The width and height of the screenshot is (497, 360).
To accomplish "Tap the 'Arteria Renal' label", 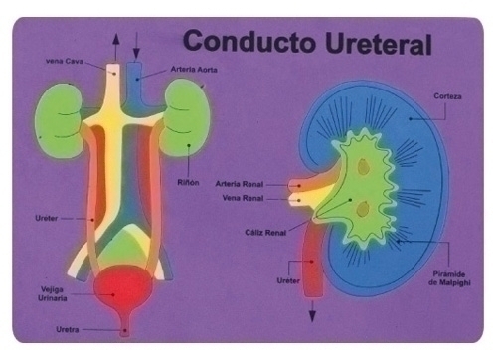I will tap(239, 185).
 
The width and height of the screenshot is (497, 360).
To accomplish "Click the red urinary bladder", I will tap(125, 290).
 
